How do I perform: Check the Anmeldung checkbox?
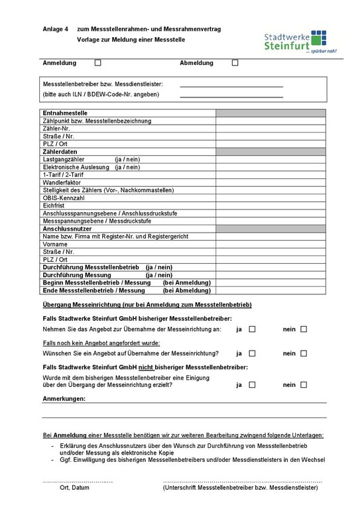(98, 63)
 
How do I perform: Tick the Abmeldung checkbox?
(235, 63)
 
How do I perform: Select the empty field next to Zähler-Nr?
(270, 129)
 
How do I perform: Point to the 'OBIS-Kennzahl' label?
(64, 198)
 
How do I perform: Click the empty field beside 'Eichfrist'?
(270, 205)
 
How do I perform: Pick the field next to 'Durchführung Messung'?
(270, 274)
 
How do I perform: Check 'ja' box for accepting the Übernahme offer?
(252, 329)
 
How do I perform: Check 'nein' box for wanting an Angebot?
(304, 353)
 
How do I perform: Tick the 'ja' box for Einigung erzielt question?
(252, 384)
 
